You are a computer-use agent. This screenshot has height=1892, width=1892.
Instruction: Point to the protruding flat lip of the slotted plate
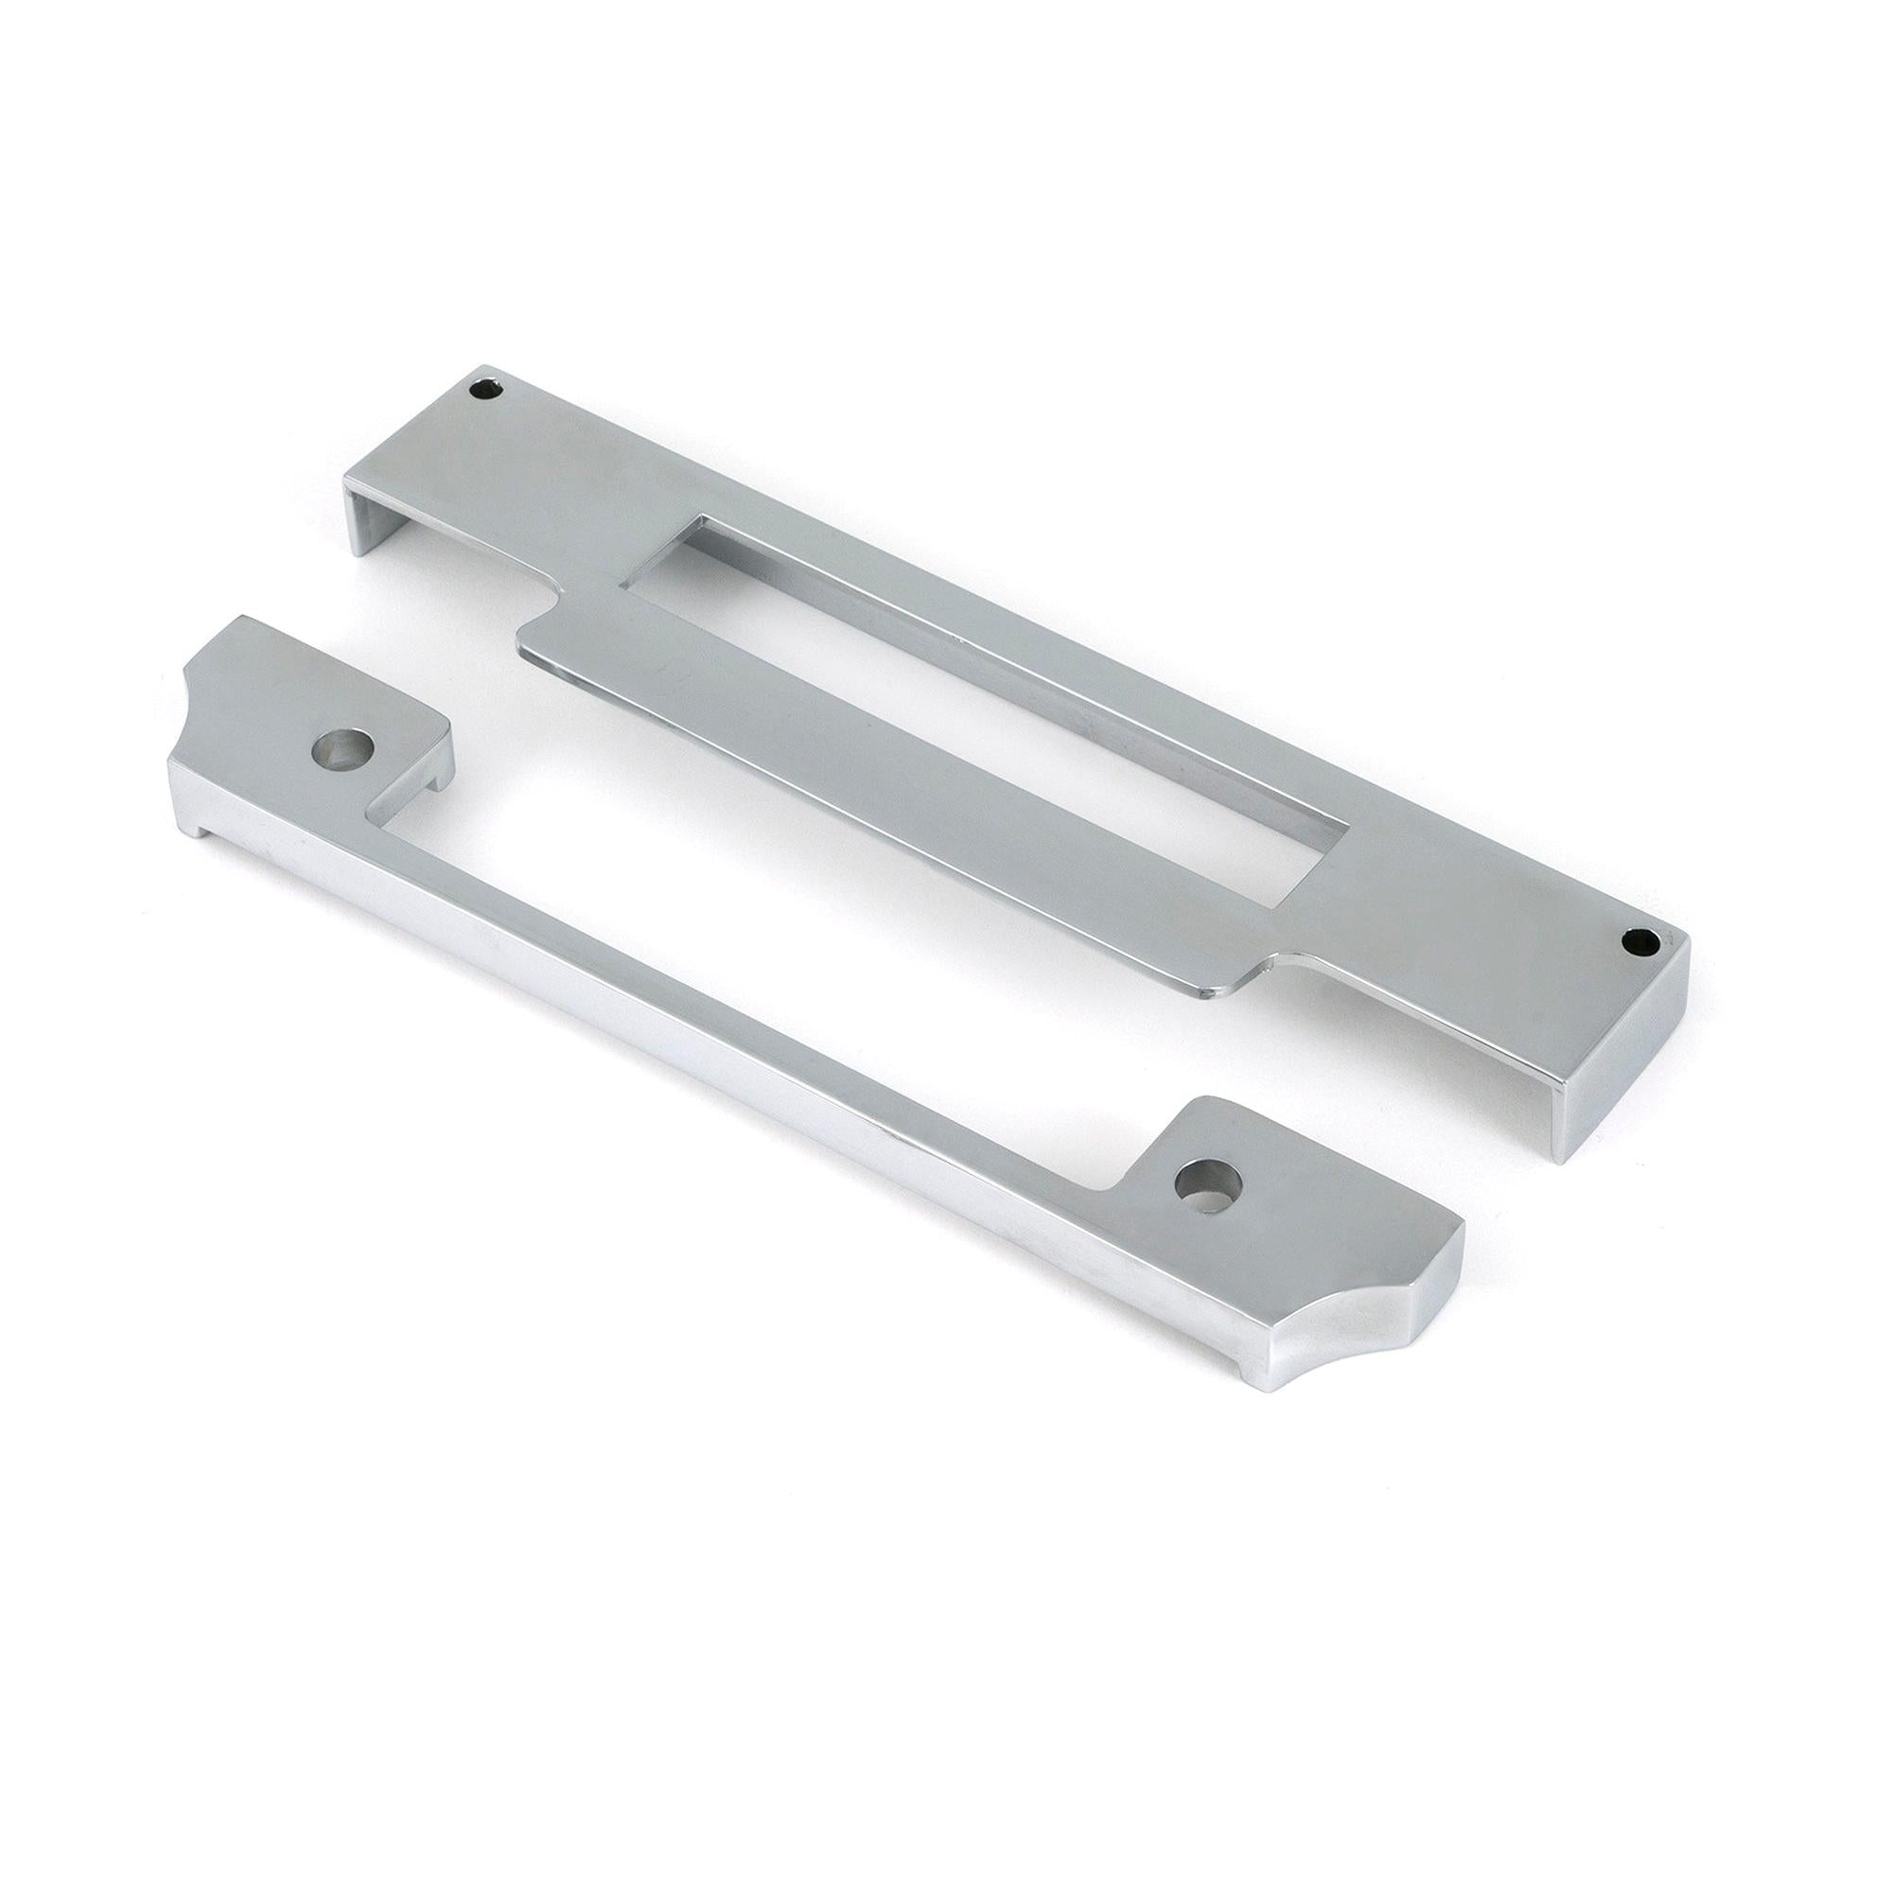coord(882,783)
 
